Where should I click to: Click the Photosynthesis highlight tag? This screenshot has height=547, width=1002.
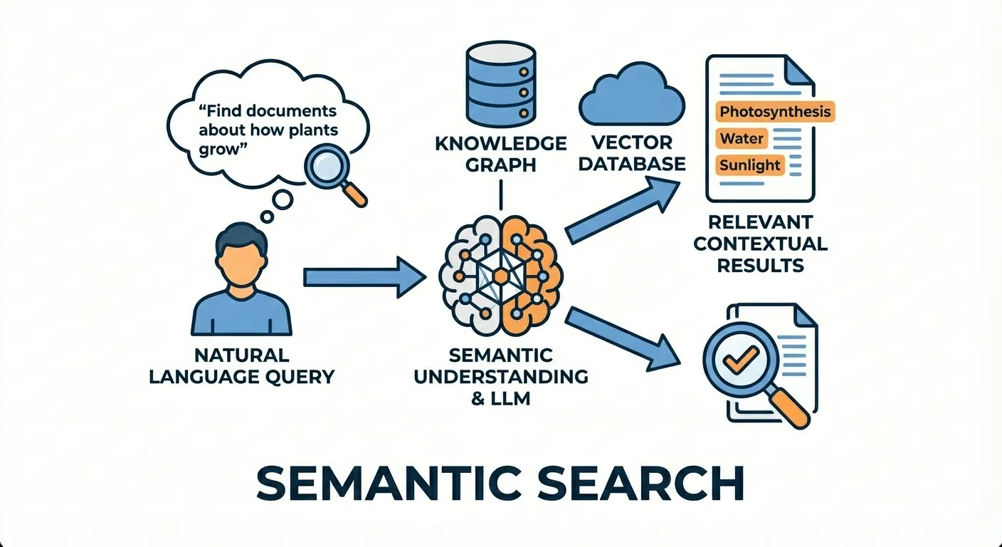coord(774,112)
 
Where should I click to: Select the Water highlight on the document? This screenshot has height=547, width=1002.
coord(742,138)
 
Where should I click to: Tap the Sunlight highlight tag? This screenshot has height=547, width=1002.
coord(749,165)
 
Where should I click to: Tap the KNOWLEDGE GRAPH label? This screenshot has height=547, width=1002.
coord(500,154)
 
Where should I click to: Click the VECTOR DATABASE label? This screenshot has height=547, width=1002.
coord(631,154)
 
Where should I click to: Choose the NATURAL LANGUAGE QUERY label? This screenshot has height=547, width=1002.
coord(241,365)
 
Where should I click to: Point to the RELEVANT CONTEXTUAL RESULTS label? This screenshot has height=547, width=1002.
coord(760,244)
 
